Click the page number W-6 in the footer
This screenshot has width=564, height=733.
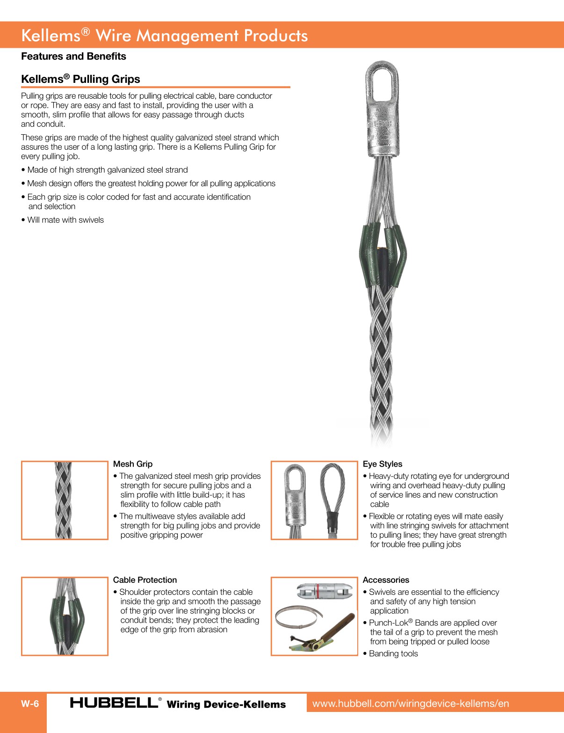(30, 704)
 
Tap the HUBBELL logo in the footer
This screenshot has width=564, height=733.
(115, 703)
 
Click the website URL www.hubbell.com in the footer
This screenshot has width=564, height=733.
(410, 704)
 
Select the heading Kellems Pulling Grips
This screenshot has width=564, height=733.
(80, 79)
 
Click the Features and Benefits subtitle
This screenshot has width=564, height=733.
(73, 56)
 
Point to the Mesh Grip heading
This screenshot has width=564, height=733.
(133, 464)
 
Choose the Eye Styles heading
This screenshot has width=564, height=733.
(382, 464)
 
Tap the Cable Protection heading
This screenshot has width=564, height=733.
(145, 580)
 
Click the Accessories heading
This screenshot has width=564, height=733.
(386, 580)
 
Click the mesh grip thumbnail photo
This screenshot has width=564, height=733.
(64, 500)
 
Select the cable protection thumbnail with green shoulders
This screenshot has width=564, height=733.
(65, 616)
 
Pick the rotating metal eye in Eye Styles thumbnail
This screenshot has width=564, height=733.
(295, 496)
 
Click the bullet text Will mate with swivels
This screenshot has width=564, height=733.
(65, 220)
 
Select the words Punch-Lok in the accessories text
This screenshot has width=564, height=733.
(388, 623)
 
